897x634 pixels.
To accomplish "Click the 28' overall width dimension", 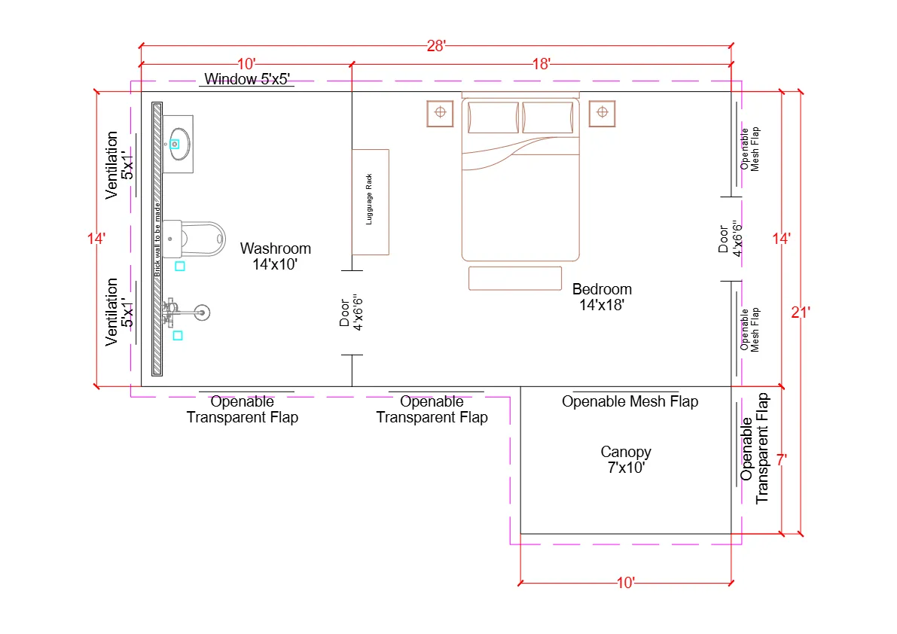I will (436, 46).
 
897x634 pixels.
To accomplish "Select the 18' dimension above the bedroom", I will (541, 65).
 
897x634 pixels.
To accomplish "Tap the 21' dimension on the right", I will (800, 312).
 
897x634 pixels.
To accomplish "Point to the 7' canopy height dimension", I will (782, 459).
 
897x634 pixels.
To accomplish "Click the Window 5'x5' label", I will (247, 79).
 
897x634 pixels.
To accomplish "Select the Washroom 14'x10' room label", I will (275, 256).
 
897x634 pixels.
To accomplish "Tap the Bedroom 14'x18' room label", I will (601, 297).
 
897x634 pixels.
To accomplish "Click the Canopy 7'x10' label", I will (625, 459).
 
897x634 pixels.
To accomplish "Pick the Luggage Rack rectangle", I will (370, 202).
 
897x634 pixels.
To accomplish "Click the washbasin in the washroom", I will (178, 142).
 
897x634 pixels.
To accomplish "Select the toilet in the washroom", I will (197, 239).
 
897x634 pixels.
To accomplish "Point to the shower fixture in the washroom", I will (185, 309).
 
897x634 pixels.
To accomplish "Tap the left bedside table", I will (440, 113).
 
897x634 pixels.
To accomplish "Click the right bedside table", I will (601, 113).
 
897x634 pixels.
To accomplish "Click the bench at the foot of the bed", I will (515, 278).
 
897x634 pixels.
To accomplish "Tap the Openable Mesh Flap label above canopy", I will (630, 401).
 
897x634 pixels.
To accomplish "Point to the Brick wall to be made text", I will (157, 239).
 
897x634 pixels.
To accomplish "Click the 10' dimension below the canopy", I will (625, 582).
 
